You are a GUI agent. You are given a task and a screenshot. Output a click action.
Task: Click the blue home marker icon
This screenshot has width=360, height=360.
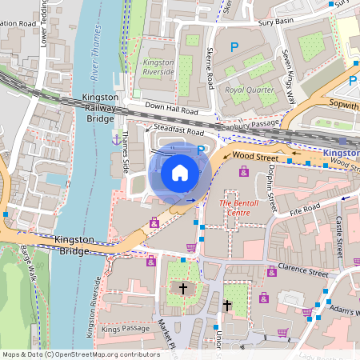coord(180,172)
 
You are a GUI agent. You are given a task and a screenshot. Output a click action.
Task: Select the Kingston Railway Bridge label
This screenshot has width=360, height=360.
coord(101,107)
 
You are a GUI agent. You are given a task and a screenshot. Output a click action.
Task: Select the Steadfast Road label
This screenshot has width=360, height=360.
coord(179,130)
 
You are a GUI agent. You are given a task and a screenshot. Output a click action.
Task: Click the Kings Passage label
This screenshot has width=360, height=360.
coord(126,328)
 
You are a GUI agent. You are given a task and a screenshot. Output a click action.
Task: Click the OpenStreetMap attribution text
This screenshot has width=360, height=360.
coord(70,354)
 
